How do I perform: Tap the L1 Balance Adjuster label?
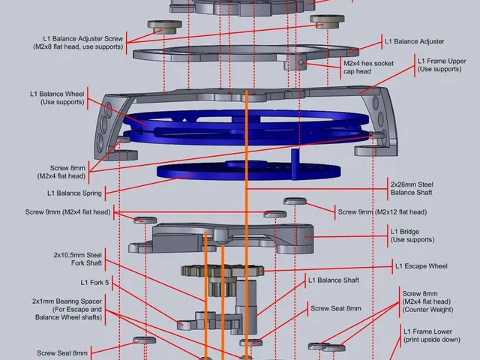pos(414,41)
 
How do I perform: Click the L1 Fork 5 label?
pos(95,283)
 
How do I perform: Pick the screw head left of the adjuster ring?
pos(161,26)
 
